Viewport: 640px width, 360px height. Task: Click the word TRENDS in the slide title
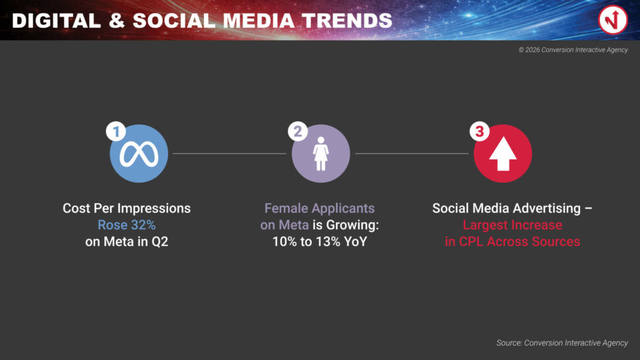(347, 21)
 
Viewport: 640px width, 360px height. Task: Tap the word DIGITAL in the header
(56, 21)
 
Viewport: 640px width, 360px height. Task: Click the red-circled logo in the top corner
(613, 20)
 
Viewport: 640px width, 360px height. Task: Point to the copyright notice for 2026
(573, 49)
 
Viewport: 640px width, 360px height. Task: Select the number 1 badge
(116, 131)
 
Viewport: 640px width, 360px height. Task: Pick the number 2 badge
(298, 131)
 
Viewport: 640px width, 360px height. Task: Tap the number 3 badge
(480, 131)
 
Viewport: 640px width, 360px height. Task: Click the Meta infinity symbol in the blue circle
(139, 154)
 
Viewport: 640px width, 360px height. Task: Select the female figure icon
(321, 154)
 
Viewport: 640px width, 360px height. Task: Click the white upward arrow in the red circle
(503, 154)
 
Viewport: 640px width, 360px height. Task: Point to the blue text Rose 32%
(127, 225)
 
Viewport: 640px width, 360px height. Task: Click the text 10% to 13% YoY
(319, 241)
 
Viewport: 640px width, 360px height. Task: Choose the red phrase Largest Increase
(512, 225)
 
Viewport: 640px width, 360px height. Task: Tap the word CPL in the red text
(471, 241)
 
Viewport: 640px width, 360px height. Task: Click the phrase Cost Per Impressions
(127, 208)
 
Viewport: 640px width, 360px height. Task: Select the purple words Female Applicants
(319, 208)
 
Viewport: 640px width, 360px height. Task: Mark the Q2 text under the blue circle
(160, 242)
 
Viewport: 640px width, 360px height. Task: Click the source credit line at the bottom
(562, 343)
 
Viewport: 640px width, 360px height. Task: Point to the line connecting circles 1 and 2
(230, 154)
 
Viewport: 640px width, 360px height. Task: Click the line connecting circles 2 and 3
(412, 154)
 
